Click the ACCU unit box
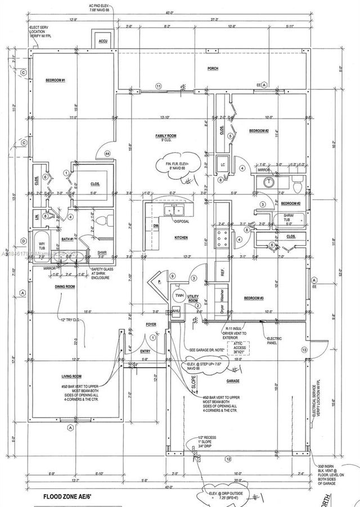[102, 42]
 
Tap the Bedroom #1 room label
[56, 80]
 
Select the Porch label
[213, 68]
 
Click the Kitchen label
[181, 238]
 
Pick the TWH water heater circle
[179, 295]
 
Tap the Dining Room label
[65, 287]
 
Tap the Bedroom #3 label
[254, 298]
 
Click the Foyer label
[151, 324]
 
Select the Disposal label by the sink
[181, 221]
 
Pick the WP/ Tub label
[40, 247]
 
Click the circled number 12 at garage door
[227, 459]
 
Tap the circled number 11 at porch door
[159, 86]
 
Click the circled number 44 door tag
[107, 153]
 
